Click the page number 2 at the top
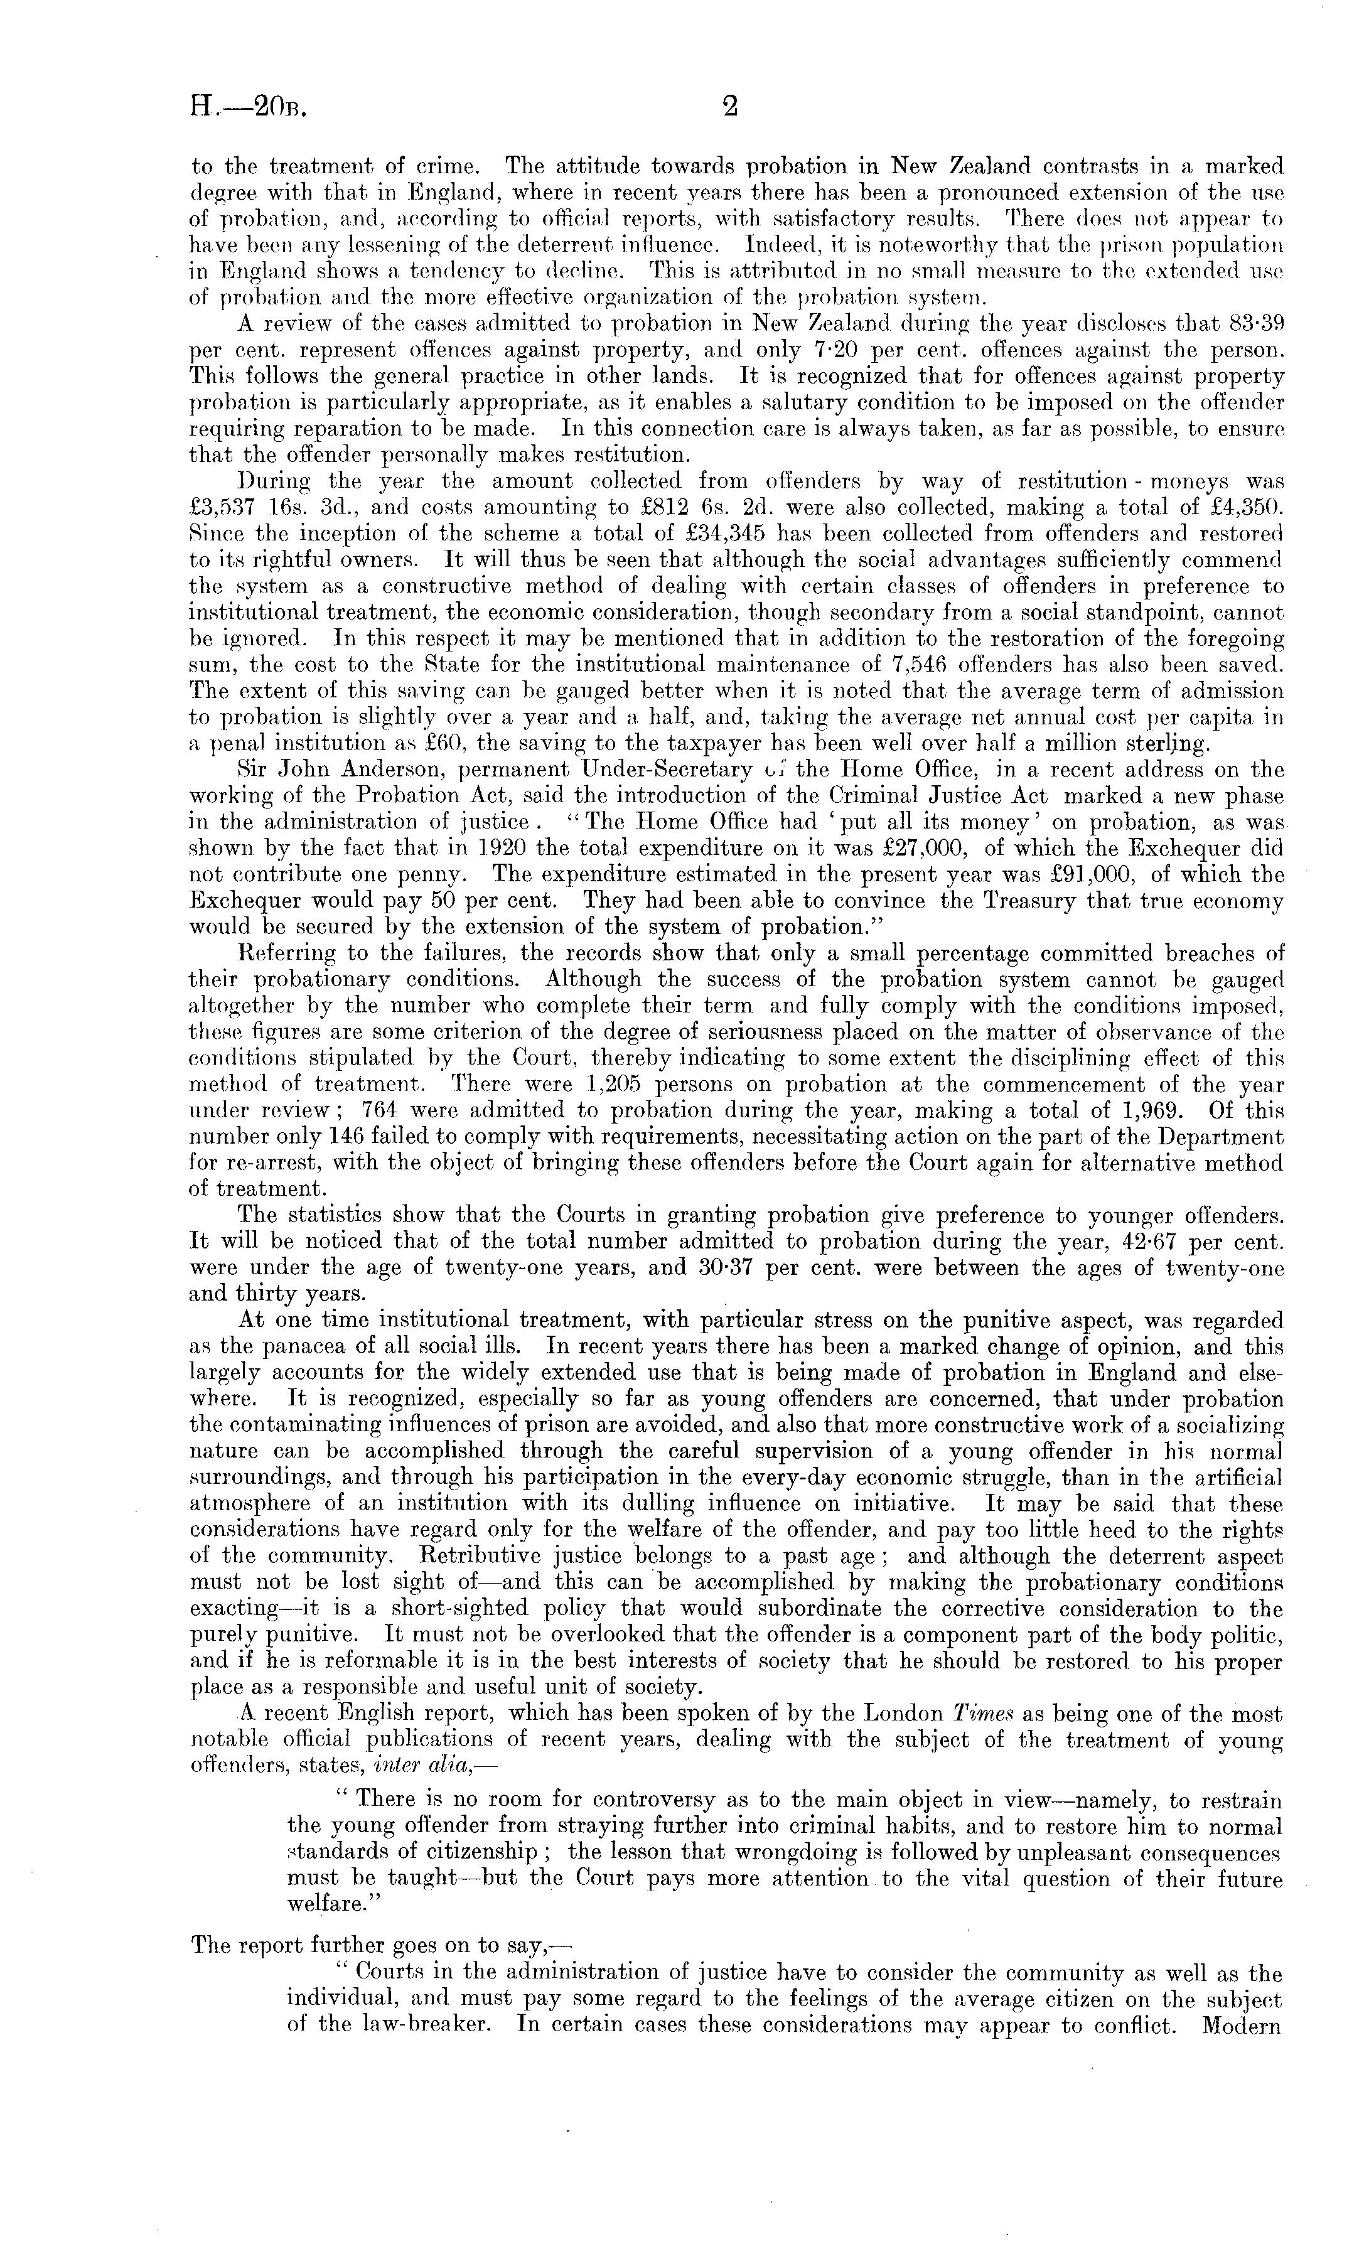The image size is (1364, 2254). coord(729,108)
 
